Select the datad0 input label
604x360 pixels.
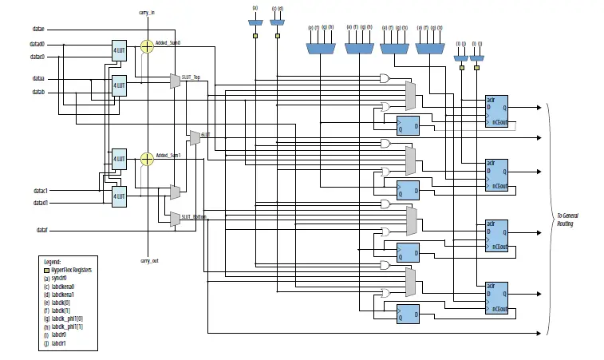point(38,45)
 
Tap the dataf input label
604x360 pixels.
point(42,230)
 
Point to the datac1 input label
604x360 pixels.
point(41,192)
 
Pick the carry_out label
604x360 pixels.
point(148,261)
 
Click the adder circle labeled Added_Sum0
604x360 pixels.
point(146,46)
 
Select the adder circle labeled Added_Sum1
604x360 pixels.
point(146,159)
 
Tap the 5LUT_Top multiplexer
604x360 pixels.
point(175,80)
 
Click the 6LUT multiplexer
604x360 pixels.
point(194,137)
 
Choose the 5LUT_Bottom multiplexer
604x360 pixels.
point(175,218)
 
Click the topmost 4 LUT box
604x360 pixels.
point(119,49)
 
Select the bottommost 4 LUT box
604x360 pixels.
point(119,196)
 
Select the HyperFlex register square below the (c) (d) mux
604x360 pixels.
point(277,37)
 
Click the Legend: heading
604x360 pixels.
point(52,262)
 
